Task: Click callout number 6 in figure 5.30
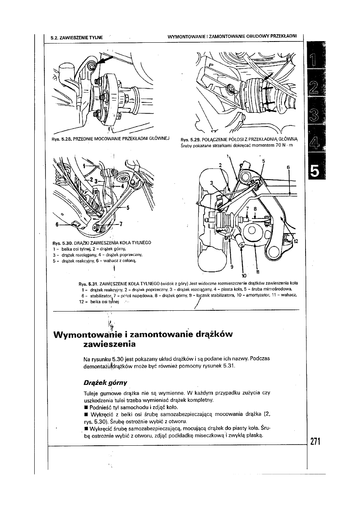(x=58, y=224)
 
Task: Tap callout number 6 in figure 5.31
(x=288, y=166)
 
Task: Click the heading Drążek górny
(x=103, y=382)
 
